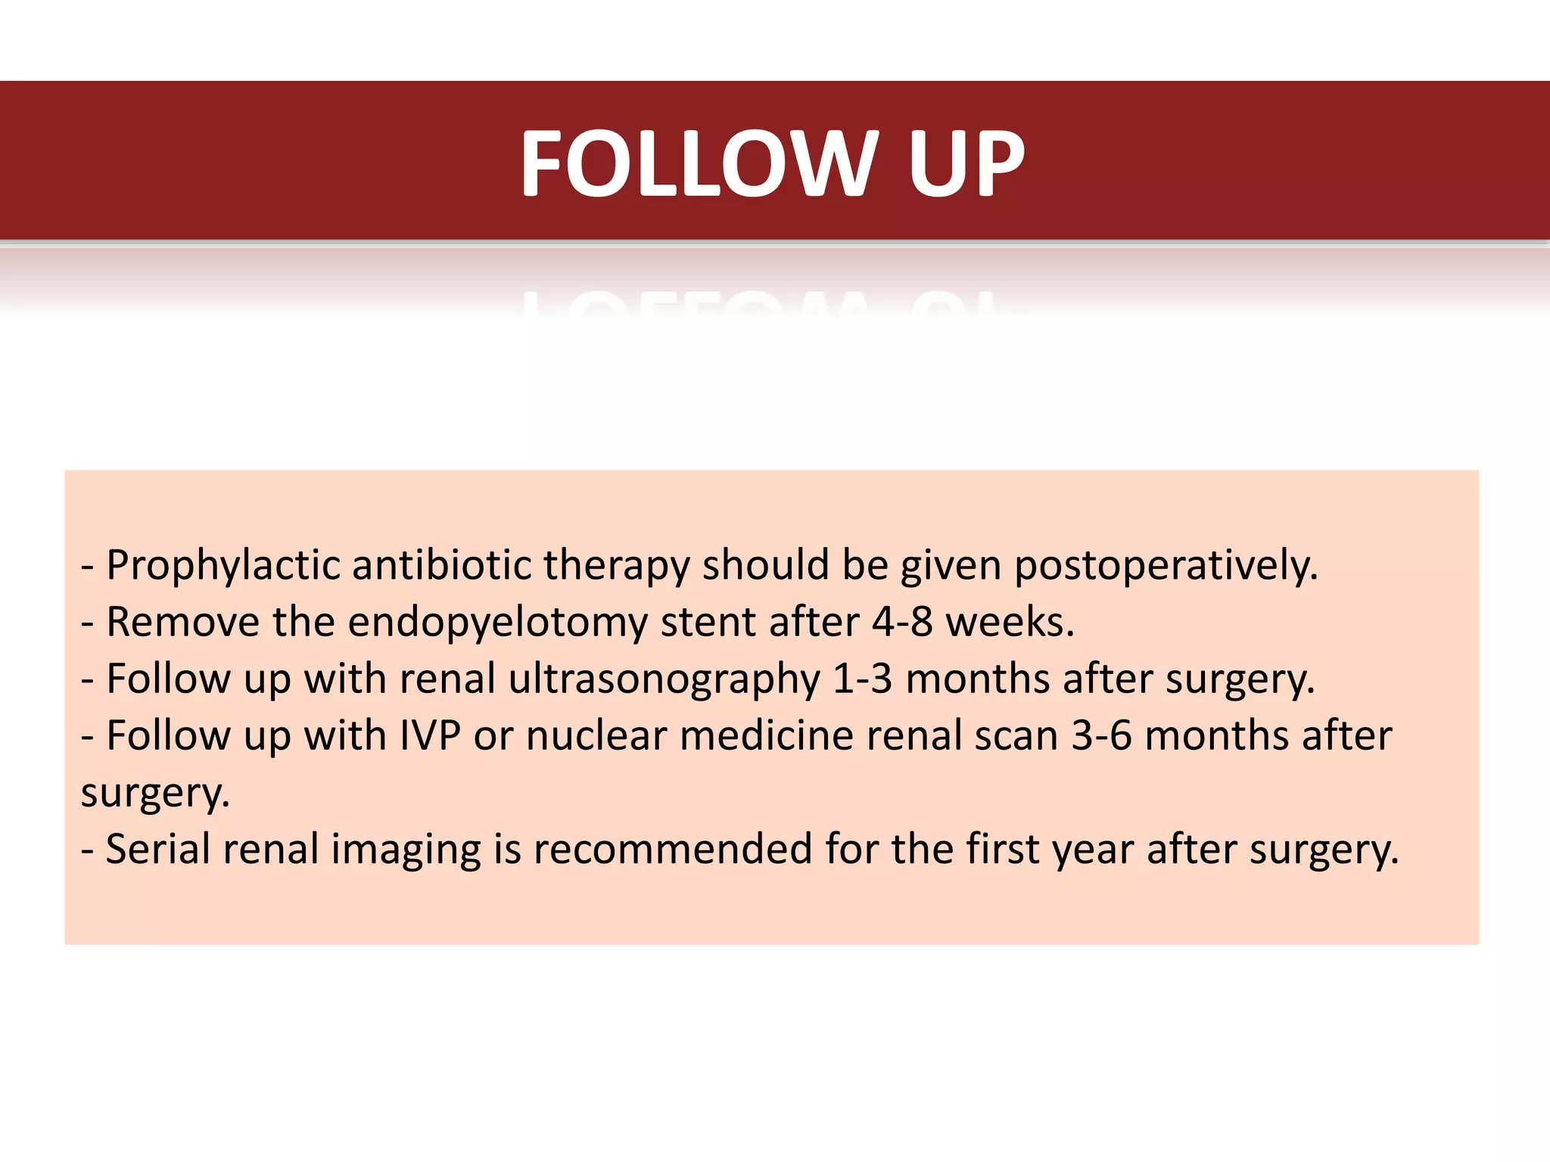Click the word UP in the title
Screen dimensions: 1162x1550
pos(966,163)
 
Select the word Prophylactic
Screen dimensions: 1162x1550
pos(223,566)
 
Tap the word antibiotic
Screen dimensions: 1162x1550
pos(442,566)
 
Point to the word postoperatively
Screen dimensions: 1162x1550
pos(1166,566)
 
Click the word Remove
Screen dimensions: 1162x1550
pos(183,623)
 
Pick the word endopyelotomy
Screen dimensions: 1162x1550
pos(498,623)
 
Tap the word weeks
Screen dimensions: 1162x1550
pos(1010,623)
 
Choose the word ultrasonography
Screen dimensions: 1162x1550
pos(664,679)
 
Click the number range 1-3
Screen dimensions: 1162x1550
pos(862,679)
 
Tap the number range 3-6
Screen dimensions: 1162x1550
pos(1101,736)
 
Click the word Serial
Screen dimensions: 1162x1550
pos(157,850)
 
